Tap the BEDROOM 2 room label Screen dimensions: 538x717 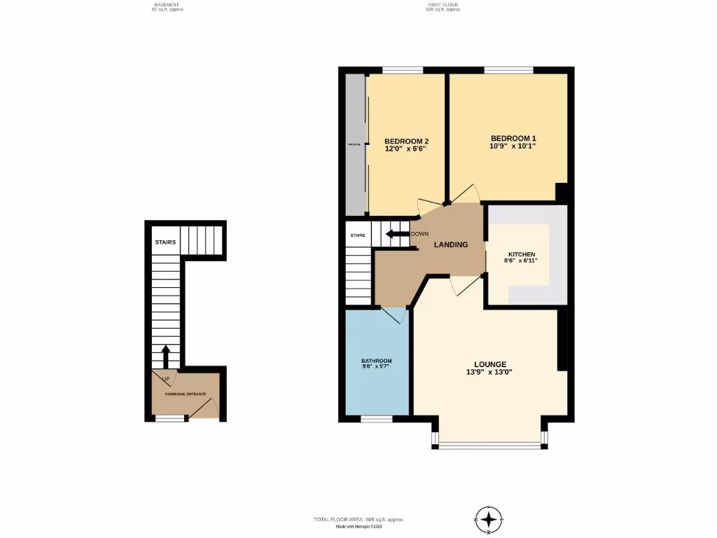coord(406,141)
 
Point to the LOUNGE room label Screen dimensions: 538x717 coord(490,364)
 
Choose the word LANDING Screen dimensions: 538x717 coord(451,244)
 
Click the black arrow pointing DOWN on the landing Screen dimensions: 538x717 coord(397,234)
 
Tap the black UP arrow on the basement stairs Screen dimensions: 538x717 coord(166,356)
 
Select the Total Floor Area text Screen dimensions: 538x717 coord(358,519)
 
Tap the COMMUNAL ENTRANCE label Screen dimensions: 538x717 coord(185,394)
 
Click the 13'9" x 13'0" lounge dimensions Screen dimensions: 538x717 coord(490,372)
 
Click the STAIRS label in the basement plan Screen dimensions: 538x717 coord(165,242)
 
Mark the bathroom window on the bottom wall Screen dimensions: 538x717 coord(376,419)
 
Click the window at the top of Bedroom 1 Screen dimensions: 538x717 coord(508,69)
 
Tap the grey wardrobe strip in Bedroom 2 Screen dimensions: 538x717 coord(355,144)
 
